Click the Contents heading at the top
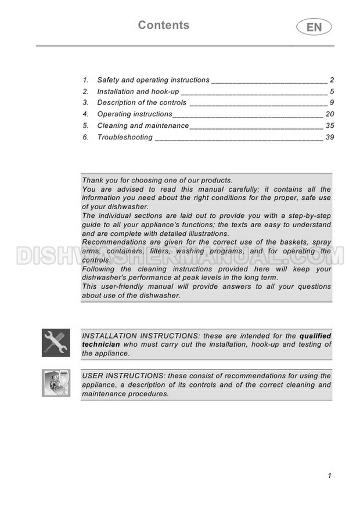[x=164, y=25]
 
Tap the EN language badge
[x=314, y=27]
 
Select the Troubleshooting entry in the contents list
[x=124, y=138]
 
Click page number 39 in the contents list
[x=330, y=138]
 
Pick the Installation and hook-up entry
[x=138, y=92]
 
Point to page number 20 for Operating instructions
[x=330, y=114]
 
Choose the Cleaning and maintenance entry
[x=143, y=126]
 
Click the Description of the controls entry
[x=142, y=103]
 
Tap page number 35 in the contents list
[x=330, y=126]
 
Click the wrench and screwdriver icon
[x=56, y=343]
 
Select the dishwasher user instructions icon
[x=56, y=383]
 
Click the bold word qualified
[x=315, y=336]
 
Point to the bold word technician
[x=100, y=344]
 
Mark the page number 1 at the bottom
[x=329, y=476]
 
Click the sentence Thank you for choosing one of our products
[x=157, y=181]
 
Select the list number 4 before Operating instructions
[x=85, y=114]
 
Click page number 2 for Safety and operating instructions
[x=332, y=80]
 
